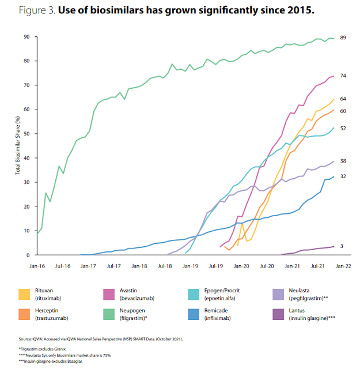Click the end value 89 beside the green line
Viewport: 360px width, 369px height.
(343, 37)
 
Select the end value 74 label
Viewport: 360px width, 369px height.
(343, 76)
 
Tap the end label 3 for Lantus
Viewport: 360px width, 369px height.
(342, 246)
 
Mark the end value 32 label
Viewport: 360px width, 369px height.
(343, 176)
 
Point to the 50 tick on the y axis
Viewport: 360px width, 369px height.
(26, 134)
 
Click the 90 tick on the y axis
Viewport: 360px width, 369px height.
(26, 37)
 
